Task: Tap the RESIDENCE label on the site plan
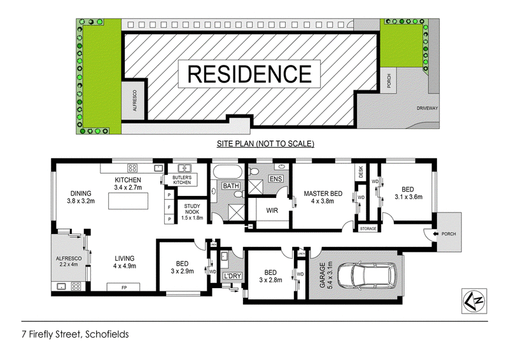(249, 74)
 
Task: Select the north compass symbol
(474, 301)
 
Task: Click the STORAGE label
(368, 229)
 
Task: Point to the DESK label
(361, 171)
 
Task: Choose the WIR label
(272, 211)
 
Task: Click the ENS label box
(275, 179)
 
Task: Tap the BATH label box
(231, 186)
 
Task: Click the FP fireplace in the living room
(123, 287)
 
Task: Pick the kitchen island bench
(129, 201)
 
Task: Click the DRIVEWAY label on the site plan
(427, 108)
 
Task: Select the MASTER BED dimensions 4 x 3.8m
(323, 201)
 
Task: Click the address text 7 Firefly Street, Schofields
(75, 335)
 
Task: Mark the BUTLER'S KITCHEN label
(182, 180)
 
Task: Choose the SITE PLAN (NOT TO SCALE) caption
(265, 144)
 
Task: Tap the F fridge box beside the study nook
(169, 207)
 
